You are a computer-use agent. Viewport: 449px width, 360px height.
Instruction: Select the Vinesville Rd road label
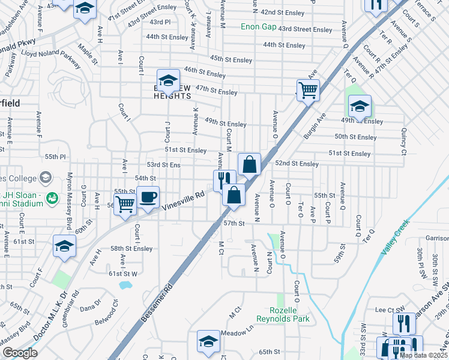coord(183,200)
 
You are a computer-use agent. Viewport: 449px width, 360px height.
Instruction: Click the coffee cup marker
coord(148,197)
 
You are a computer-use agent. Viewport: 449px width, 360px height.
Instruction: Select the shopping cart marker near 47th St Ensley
coord(308,91)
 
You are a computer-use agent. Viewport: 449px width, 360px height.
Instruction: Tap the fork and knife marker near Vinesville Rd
coord(223,178)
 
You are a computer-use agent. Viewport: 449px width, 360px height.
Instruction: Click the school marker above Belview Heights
coord(168,80)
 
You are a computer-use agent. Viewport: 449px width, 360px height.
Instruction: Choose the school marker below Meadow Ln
coord(208,341)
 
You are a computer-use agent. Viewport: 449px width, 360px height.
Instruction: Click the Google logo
coord(20,353)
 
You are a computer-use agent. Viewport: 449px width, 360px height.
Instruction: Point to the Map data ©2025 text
coord(423,355)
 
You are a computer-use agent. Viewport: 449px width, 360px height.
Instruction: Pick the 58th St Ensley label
coord(131,248)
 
